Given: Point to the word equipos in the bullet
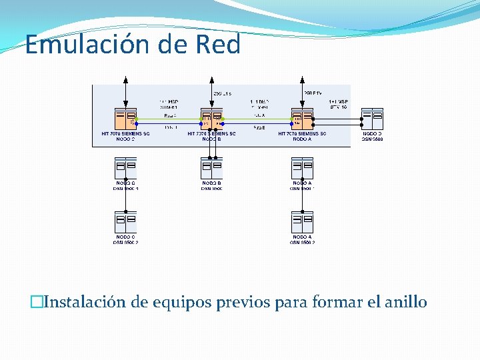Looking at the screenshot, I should pos(178,302).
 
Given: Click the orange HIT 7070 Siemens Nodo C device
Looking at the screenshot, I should pos(125,119).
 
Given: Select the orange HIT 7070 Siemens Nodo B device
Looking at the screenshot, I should pos(212,119).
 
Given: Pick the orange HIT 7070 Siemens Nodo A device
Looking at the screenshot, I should pos(303,119).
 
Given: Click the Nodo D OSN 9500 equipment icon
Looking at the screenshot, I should pos(372,119).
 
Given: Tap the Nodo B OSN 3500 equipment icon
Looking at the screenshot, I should pos(212,167).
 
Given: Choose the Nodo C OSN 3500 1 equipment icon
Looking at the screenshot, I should pos(125,167).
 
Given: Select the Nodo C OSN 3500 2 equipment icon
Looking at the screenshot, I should pos(125,221).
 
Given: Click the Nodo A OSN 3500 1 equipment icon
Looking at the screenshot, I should pos(303,167).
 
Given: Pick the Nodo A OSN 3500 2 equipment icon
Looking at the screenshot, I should pos(303,221).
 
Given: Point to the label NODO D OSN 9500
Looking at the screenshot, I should pos(372,136).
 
